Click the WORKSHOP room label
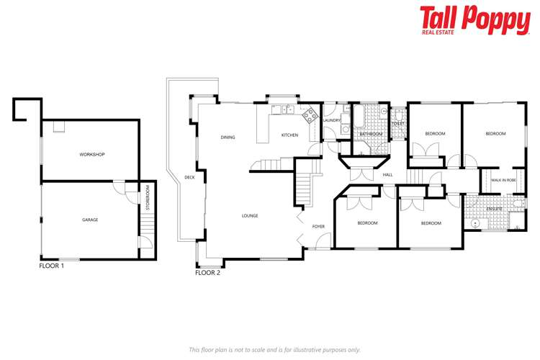coord(91,155)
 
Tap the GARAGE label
coord(90,220)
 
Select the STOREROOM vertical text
coord(147,198)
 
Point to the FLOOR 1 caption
coord(51,266)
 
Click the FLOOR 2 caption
coord(208,273)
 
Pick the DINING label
coord(228,138)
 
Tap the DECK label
coord(189,177)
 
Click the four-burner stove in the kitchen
coord(310,113)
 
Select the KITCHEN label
coord(289,135)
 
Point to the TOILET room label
coord(398,124)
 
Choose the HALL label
coord(387,175)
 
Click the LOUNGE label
coord(250,216)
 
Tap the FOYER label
coord(318,227)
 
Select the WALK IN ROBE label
coord(503,180)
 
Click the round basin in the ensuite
coord(476,223)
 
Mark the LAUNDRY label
coord(331,120)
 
